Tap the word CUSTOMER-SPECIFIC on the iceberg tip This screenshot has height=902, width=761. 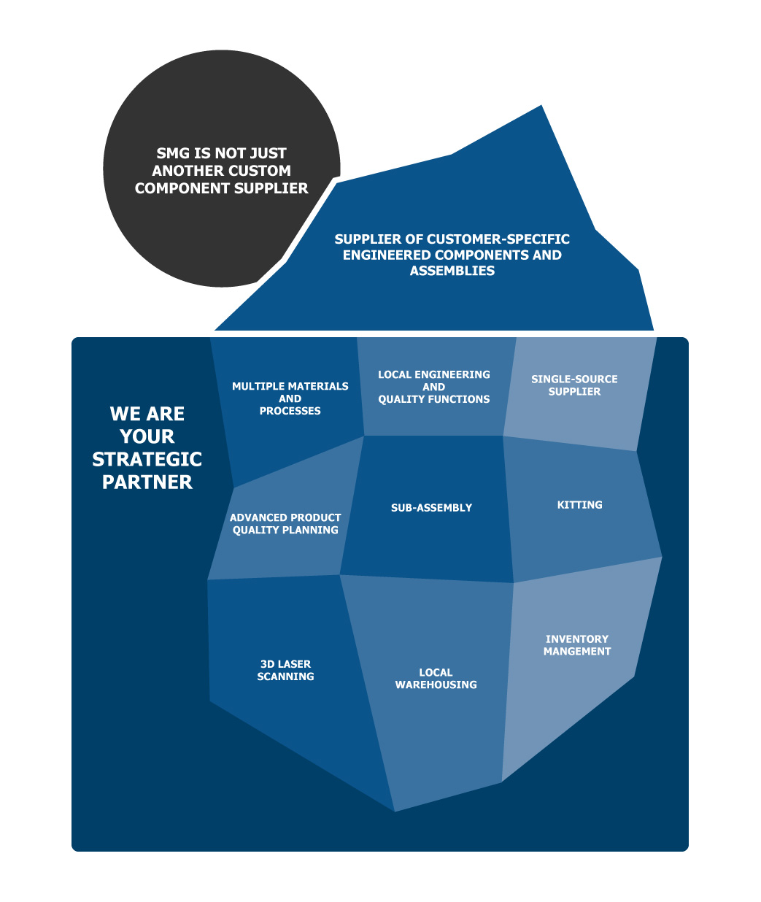tap(498, 239)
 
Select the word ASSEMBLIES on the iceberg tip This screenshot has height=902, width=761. tap(452, 271)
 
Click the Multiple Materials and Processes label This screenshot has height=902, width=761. tap(290, 398)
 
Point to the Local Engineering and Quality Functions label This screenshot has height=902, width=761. tap(434, 387)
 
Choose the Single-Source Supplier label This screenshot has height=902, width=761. tap(574, 385)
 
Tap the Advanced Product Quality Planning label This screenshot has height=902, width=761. tap(285, 523)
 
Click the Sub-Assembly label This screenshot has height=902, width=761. tap(431, 508)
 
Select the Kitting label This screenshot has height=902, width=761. tap(579, 504)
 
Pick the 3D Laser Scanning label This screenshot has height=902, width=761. tap(285, 670)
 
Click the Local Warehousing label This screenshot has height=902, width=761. tap(436, 678)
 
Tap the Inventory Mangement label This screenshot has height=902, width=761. tap(577, 645)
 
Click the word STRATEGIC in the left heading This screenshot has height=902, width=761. tap(147, 459)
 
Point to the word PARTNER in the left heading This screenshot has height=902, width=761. tap(147, 482)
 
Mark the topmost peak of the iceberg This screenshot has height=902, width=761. tap(541, 105)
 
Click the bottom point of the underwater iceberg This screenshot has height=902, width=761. tap(395, 812)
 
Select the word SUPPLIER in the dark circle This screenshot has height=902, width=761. tap(271, 188)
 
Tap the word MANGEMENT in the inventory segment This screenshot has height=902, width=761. tap(577, 652)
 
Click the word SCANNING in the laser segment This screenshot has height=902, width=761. tap(285, 676)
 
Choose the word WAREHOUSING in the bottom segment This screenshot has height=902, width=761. tap(436, 685)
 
